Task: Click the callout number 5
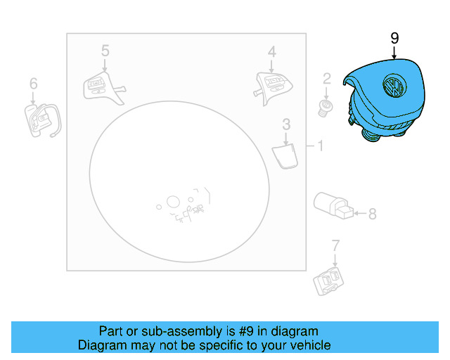[105, 51]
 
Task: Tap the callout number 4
[271, 51]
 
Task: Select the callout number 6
[33, 84]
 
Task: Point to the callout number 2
[326, 78]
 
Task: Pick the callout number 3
[286, 125]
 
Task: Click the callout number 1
[320, 146]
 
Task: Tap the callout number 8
[372, 214]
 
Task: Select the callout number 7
[335, 245]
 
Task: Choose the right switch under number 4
[271, 86]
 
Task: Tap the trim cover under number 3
[285, 156]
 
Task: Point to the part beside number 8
[332, 204]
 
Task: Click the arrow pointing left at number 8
[359, 213]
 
